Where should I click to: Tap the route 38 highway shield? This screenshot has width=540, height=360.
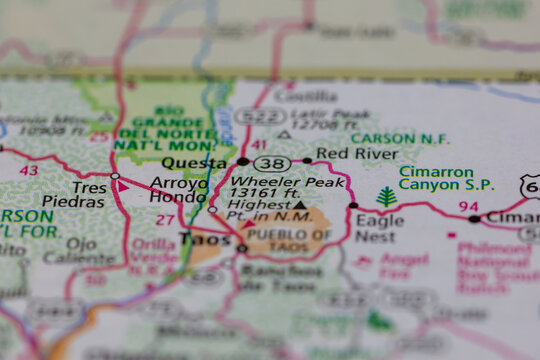pos(271,163)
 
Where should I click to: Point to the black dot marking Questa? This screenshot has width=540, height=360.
pos(243,161)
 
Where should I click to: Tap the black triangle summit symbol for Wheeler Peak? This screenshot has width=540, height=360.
pos(300,205)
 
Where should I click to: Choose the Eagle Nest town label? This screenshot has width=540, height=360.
pos(380,229)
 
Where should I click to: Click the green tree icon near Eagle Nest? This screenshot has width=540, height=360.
pos(386,196)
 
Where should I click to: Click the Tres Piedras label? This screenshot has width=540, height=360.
pos(89,195)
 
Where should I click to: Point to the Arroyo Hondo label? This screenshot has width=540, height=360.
pos(181,190)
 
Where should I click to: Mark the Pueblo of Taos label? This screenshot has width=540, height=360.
pos(289,240)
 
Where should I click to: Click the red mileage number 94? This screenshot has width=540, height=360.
pos(469,206)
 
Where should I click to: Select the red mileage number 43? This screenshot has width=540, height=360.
pos(29,170)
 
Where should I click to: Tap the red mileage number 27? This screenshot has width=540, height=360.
pos(165,220)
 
